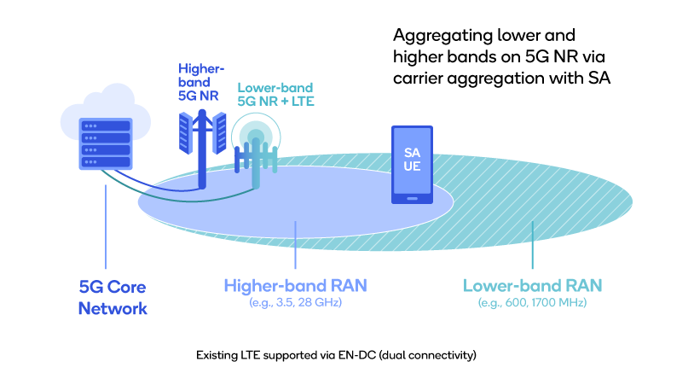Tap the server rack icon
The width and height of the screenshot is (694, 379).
pos(104,143)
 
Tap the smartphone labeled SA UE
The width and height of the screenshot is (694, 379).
pos(412,166)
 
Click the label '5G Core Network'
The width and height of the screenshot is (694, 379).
pos(113,297)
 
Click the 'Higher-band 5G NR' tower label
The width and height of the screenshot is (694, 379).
pos(199,82)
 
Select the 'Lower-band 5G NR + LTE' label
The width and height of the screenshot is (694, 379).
pos(275,94)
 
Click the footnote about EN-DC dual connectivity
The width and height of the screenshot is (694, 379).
pos(336,353)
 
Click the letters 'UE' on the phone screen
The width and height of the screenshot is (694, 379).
pos(412,167)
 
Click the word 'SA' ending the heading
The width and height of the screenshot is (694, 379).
pos(600,78)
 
